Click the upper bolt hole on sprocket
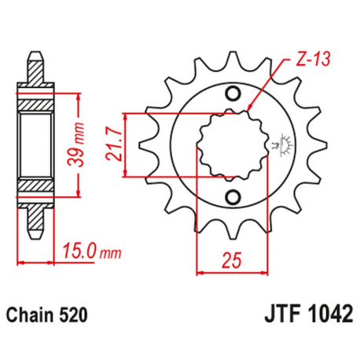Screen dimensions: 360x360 (233, 95)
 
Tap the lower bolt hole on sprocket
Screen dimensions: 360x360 (233, 196)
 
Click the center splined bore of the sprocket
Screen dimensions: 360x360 (232, 145)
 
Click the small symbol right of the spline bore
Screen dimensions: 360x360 (277, 145)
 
